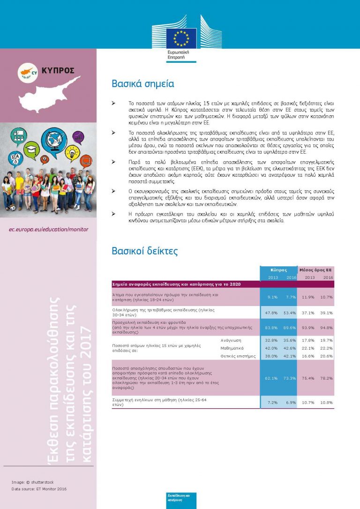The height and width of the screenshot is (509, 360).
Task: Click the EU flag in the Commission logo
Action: point(181,38)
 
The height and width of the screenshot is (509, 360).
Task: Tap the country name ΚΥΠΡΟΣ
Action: point(58,71)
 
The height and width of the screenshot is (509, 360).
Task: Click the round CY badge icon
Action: point(28,72)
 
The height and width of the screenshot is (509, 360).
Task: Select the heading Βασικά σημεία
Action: point(143,84)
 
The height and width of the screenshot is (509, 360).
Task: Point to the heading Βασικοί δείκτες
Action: point(145,251)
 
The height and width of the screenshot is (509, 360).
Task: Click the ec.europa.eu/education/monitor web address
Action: point(49,230)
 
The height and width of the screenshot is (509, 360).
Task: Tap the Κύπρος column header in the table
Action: point(278,270)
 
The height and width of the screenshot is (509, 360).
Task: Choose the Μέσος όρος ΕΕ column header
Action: point(316,270)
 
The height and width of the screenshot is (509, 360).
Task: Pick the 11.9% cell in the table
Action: point(307,297)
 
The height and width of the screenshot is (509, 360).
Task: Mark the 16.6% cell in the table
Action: point(307,356)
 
